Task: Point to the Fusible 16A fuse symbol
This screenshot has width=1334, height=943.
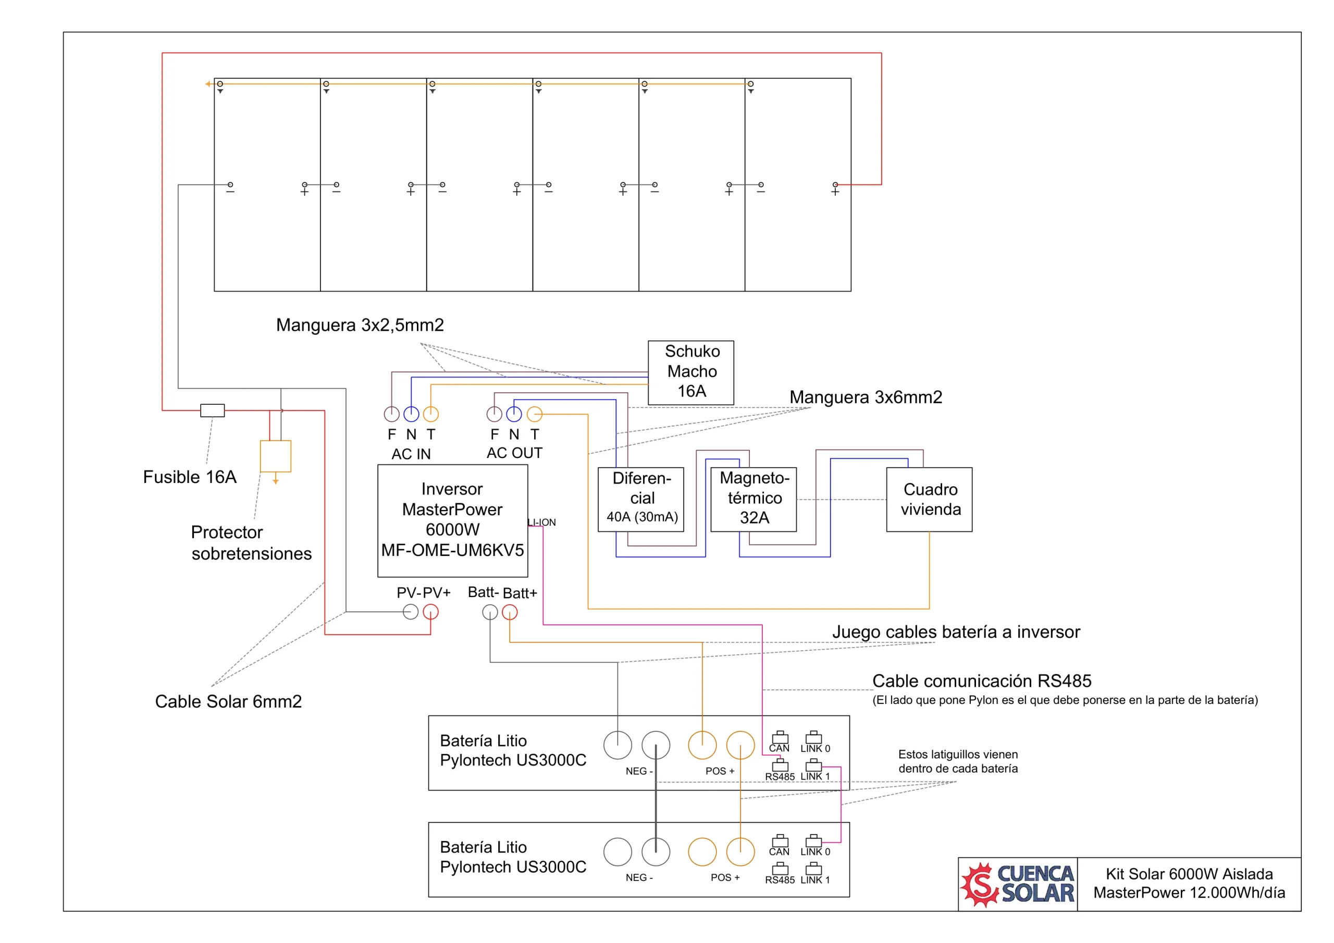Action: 213,410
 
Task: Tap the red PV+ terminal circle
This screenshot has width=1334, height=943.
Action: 430,612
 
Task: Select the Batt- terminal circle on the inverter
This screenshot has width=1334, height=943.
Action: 490,612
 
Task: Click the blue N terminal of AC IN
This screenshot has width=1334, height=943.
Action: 411,414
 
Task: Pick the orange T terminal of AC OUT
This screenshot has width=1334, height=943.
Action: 535,414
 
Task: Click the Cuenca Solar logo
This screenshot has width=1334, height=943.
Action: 1017,884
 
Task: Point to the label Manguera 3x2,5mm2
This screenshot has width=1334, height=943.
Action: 360,325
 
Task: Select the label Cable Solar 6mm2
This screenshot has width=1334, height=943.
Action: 228,701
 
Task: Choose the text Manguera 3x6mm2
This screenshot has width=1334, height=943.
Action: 866,397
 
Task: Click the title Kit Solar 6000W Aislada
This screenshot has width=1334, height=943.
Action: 1189,874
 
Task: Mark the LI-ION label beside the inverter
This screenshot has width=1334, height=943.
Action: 541,523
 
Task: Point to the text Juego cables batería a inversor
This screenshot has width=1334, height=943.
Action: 956,631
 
